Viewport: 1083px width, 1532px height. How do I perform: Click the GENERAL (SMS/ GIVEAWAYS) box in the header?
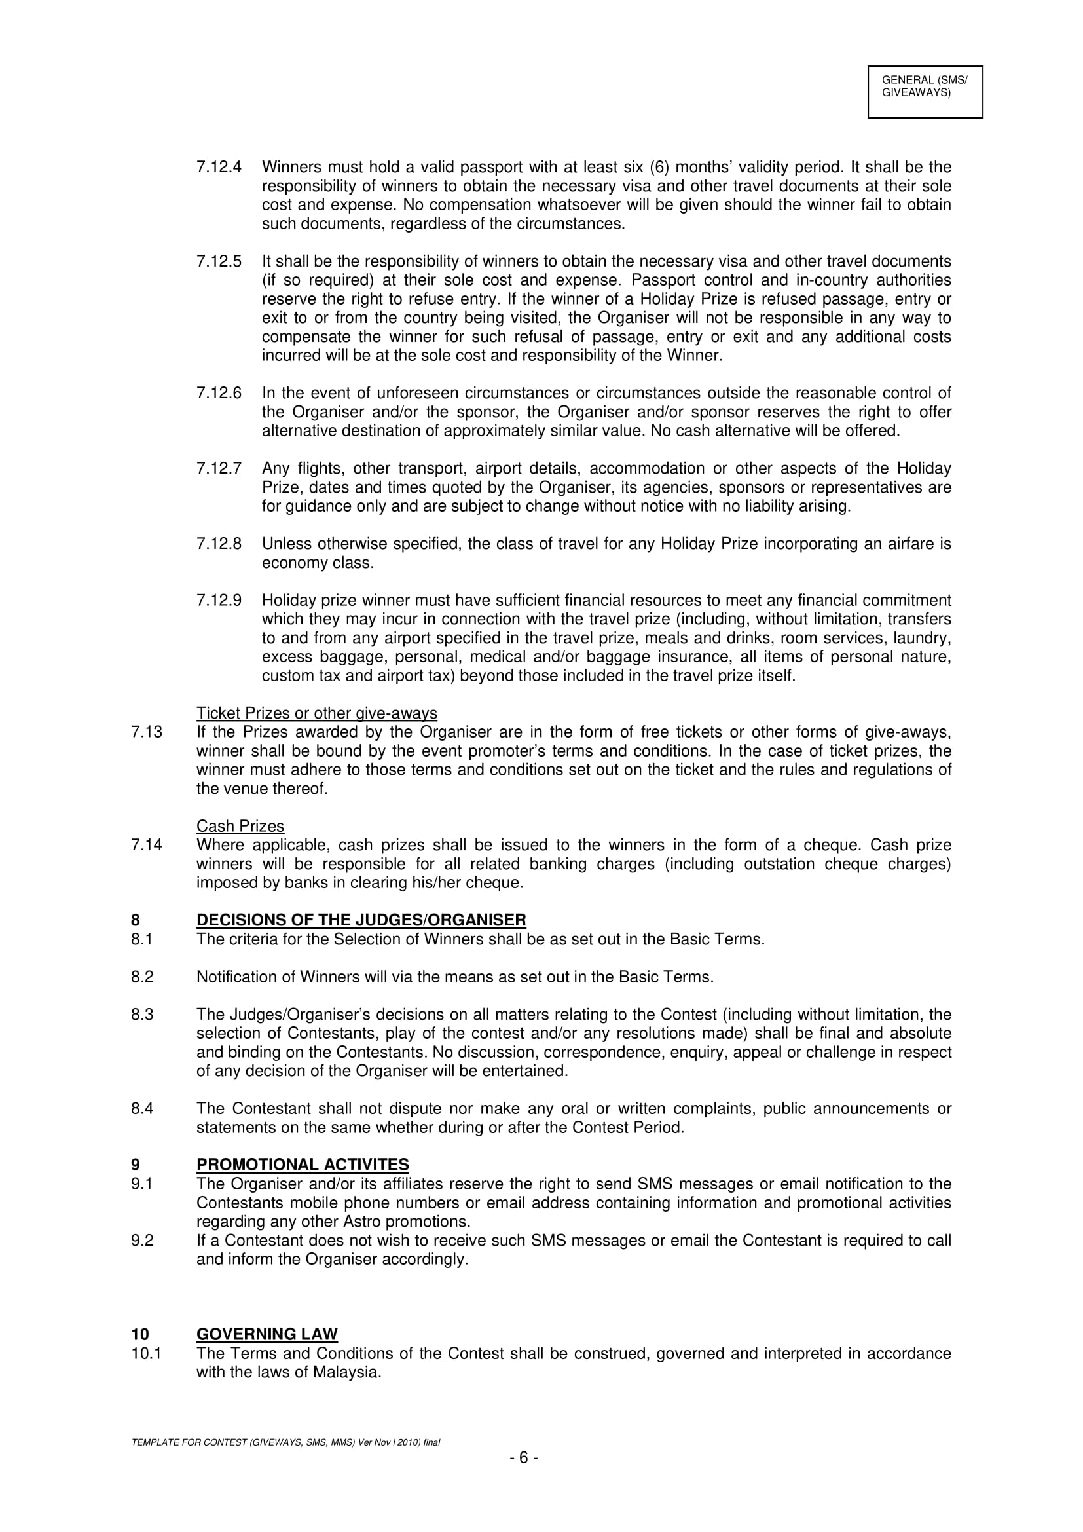[x=925, y=92]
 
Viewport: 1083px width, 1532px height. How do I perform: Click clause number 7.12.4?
[x=219, y=167]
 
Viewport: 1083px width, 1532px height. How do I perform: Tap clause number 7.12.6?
[x=219, y=393]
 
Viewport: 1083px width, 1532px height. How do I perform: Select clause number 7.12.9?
[x=219, y=601]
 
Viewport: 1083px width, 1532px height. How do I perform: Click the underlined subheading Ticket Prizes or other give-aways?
[x=317, y=713]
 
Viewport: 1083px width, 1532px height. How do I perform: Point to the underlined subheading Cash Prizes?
[x=240, y=826]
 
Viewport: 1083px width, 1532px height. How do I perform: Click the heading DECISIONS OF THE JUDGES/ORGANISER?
[x=361, y=920]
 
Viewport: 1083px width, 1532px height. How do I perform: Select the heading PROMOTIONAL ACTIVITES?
[x=302, y=1165]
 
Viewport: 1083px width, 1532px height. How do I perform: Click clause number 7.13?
[x=147, y=732]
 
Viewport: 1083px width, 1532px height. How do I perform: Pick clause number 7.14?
[x=147, y=845]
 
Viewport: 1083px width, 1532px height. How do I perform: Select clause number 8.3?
[x=142, y=1015]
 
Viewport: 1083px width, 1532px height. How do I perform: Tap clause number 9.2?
[x=142, y=1241]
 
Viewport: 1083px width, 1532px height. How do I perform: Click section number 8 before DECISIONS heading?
[x=136, y=920]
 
